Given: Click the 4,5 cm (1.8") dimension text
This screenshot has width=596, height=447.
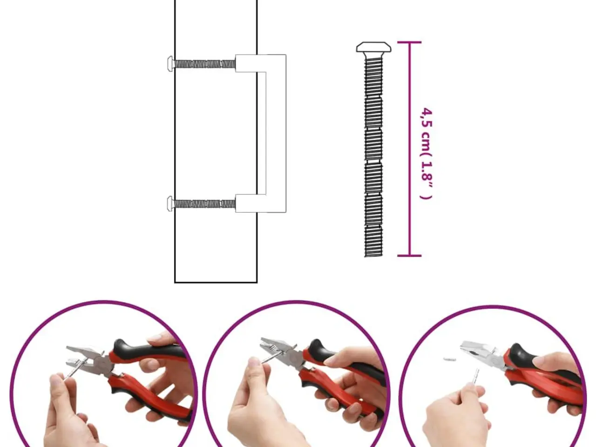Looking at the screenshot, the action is pos(426,154).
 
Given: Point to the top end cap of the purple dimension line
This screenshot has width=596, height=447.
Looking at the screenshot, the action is pos(409,42).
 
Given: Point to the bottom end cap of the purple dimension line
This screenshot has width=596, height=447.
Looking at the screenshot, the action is pos(409,255).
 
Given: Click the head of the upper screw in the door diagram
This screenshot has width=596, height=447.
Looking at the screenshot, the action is pos(170,64).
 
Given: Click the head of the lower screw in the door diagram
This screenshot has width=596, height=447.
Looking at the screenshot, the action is pos(170,204).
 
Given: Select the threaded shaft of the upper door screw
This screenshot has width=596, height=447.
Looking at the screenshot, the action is pos(204,64).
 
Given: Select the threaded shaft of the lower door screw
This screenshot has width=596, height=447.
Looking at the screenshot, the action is pos(204,204).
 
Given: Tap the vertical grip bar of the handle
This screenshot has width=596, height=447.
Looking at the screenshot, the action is pos(276,134).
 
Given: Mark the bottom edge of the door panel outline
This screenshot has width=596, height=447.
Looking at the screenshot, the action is pos(216,282).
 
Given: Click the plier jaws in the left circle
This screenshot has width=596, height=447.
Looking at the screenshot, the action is pos(81,356).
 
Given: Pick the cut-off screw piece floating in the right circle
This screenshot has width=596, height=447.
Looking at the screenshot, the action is pos(449,359).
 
